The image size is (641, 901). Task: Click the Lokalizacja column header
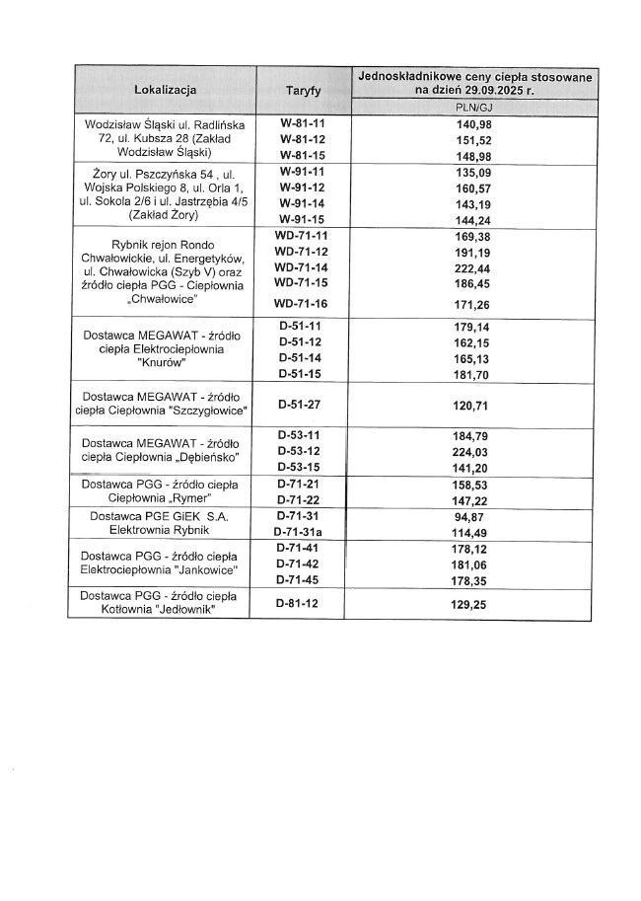click(x=165, y=91)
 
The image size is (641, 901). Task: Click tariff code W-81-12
click(x=302, y=140)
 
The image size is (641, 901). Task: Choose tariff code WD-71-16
click(x=301, y=303)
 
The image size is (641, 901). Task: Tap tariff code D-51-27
click(x=301, y=405)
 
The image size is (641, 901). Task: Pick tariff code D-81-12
click(x=301, y=602)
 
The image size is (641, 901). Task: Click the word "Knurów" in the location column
click(x=165, y=362)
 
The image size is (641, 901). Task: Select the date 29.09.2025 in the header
click(x=514, y=89)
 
